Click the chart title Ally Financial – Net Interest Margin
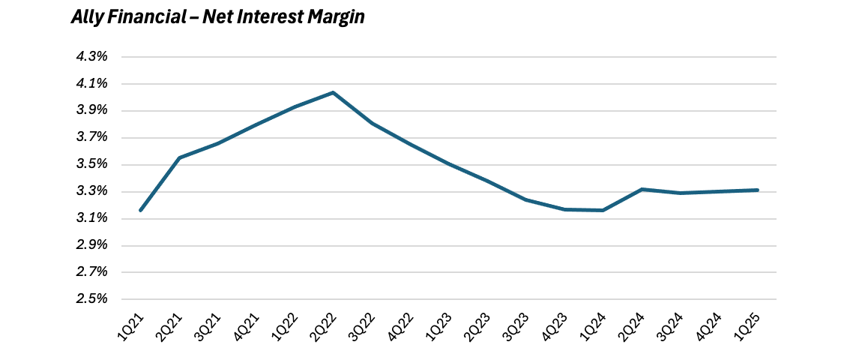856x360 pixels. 218,17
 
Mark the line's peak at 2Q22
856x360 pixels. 333,92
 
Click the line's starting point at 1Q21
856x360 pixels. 140,210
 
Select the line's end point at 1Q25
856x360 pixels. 758,190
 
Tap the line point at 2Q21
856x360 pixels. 179,157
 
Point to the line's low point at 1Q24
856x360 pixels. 603,210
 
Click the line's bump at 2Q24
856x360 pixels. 642,189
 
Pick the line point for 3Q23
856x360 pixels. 526,199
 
